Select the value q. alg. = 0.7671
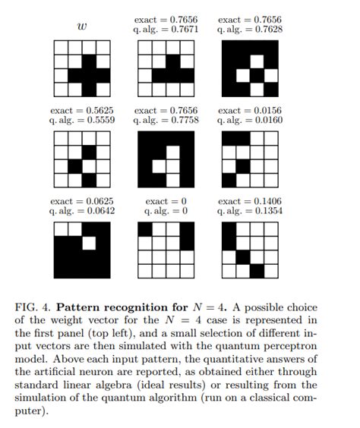click(x=164, y=30)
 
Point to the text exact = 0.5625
click(x=81, y=110)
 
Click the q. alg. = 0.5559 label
click(x=81, y=121)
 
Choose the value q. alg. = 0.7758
click(x=164, y=121)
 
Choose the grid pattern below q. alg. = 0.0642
click(x=81, y=249)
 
